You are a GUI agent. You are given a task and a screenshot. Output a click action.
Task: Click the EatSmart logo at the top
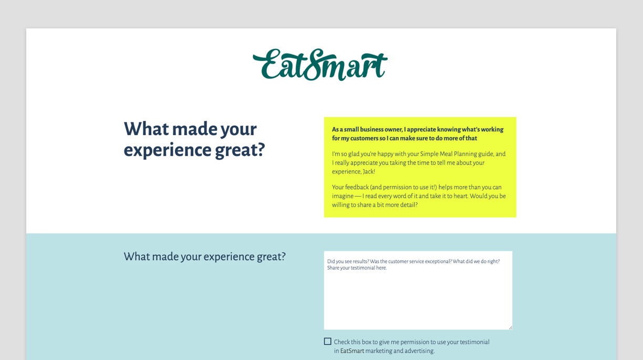coord(320,65)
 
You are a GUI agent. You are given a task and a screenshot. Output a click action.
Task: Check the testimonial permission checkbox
coord(328,342)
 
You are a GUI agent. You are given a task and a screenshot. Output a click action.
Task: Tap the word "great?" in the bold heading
coord(240,150)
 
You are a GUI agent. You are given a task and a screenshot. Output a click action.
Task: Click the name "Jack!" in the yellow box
coord(369,172)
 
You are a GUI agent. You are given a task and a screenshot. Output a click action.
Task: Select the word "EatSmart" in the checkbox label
coord(352,351)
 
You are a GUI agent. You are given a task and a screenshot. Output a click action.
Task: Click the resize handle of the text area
coord(510,327)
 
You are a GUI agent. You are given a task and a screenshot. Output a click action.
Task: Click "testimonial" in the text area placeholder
coord(357,268)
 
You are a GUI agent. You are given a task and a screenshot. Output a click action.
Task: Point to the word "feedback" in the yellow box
coord(357,187)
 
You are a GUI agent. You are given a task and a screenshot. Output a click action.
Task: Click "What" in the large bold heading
coord(146,129)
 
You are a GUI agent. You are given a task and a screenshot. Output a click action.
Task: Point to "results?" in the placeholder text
coord(358,261)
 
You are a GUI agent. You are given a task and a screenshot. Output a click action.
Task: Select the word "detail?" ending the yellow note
coord(407,205)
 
